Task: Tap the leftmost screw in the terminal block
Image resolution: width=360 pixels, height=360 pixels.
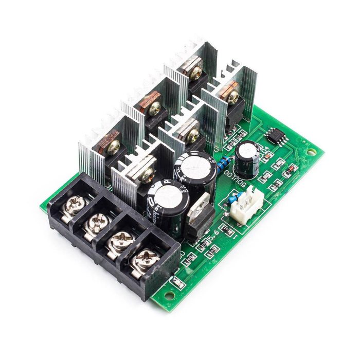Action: point(74,205)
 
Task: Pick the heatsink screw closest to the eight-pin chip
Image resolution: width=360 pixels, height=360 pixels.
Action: point(232,96)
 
